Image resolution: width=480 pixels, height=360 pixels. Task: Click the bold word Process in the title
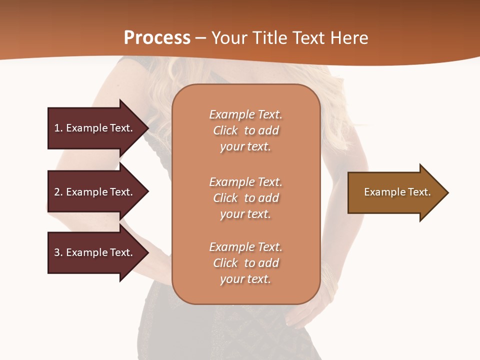coord(157,38)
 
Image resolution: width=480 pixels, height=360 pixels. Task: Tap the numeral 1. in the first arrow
coord(58,128)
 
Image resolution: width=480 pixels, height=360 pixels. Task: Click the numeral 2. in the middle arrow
coord(58,192)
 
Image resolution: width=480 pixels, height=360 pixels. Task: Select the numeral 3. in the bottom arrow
coord(58,252)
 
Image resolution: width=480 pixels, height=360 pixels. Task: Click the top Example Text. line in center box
coord(245,114)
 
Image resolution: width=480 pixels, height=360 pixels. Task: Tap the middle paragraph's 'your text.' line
coord(245,214)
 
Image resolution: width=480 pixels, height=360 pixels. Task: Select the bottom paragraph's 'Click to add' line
coord(245,263)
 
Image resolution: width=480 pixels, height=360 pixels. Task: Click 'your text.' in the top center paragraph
coord(245,147)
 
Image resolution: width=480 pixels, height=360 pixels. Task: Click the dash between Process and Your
coord(201,38)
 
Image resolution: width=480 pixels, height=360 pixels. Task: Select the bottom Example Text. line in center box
coord(245,247)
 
